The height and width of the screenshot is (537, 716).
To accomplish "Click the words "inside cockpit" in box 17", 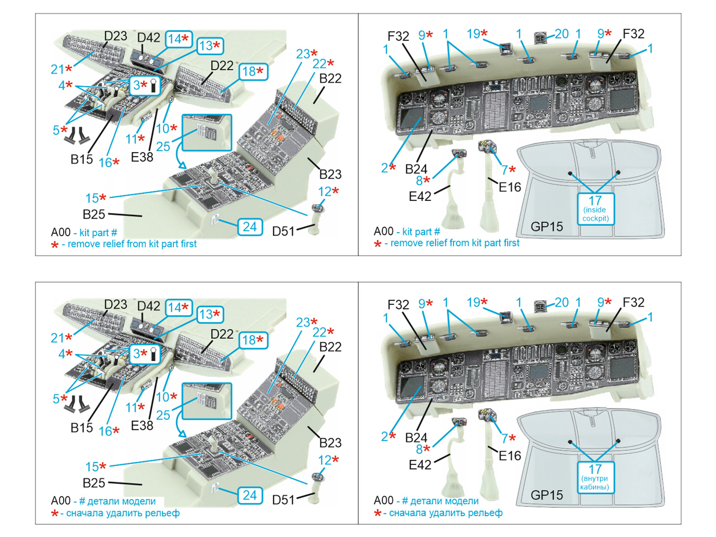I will pyautogui.click(x=595, y=214).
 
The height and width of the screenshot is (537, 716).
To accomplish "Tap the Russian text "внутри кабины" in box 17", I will pyautogui.click(x=595, y=483).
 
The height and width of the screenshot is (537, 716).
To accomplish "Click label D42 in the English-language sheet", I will pyautogui.click(x=149, y=38).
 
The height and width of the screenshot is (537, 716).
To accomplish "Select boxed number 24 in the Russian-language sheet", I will pyautogui.click(x=250, y=495).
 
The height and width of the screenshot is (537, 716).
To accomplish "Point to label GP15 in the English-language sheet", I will pyautogui.click(x=546, y=227).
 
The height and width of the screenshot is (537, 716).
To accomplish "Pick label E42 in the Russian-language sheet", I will pyautogui.click(x=420, y=465).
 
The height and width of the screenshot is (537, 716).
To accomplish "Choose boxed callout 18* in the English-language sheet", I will pyautogui.click(x=253, y=72).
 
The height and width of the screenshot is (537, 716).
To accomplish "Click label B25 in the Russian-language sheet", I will pyautogui.click(x=94, y=483).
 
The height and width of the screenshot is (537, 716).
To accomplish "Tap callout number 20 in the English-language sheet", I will pyautogui.click(x=562, y=34).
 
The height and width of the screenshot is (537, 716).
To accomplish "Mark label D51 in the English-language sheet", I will pyautogui.click(x=283, y=231).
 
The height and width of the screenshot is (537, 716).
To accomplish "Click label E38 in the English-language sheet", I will pyautogui.click(x=142, y=157).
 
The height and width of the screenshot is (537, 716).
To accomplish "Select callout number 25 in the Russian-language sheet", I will pyautogui.click(x=163, y=415).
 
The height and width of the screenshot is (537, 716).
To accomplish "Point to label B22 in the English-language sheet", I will pyautogui.click(x=330, y=78).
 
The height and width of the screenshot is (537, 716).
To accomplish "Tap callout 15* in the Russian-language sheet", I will pyautogui.click(x=96, y=467).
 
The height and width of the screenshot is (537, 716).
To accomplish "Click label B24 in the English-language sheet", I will pyautogui.click(x=416, y=169).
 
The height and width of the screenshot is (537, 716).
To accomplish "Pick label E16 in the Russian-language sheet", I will pyautogui.click(x=510, y=456).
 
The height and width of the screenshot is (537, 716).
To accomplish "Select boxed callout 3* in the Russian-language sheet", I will pyautogui.click(x=144, y=354).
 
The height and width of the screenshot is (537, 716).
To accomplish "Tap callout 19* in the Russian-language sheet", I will pyautogui.click(x=477, y=303).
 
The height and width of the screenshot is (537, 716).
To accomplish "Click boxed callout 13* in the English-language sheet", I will pyautogui.click(x=210, y=46).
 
